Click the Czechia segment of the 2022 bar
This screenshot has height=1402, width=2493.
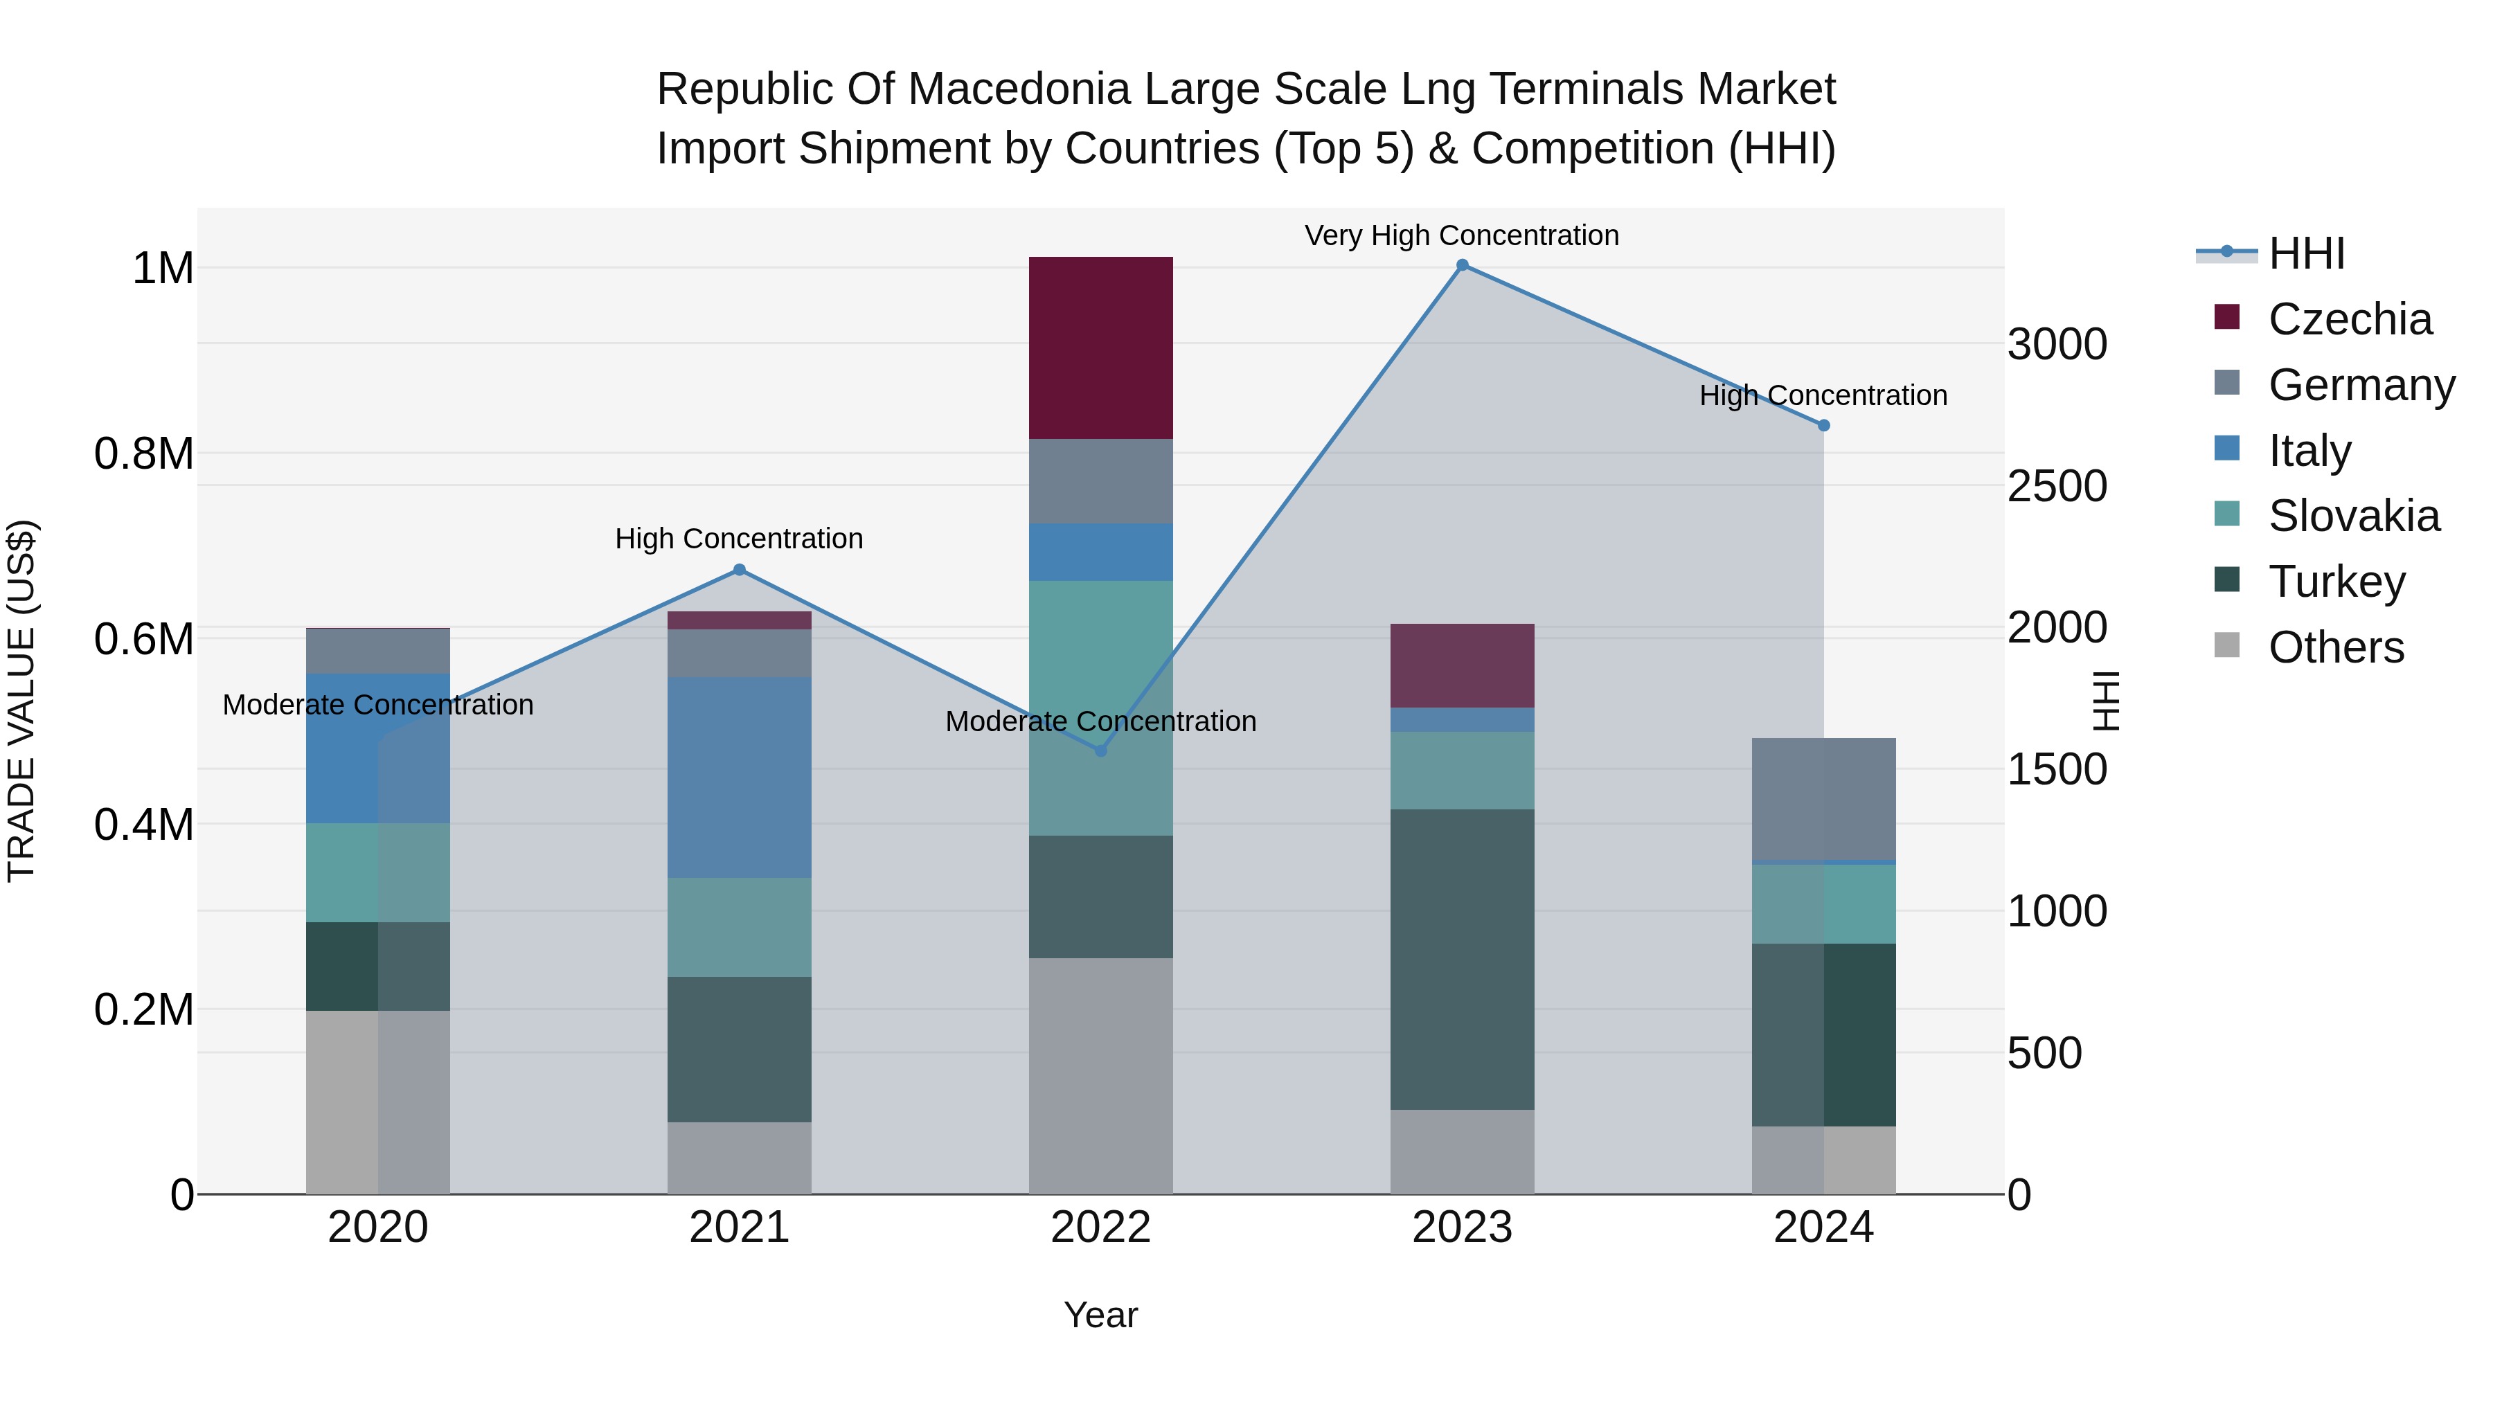pos(1100,348)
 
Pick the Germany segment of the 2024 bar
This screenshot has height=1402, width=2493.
pos(1823,798)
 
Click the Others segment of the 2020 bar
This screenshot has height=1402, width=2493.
pos(377,1102)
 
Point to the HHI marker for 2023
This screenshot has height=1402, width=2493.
pos(1463,265)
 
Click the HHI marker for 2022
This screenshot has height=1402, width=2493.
pos(1100,751)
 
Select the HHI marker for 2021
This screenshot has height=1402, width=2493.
pos(740,570)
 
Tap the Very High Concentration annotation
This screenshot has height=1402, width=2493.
pos(1461,235)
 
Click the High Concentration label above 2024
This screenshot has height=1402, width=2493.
pos(1823,396)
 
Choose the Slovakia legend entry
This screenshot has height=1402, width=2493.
pos(2354,516)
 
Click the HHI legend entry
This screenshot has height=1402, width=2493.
pos(2306,253)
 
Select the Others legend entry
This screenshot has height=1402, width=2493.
pos(2335,647)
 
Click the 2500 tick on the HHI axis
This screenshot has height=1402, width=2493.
pos(2057,486)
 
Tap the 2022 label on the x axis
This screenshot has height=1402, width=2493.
pos(1100,1228)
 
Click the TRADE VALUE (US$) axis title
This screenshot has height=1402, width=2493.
pos(21,701)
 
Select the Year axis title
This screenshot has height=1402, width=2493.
pos(1100,1315)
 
